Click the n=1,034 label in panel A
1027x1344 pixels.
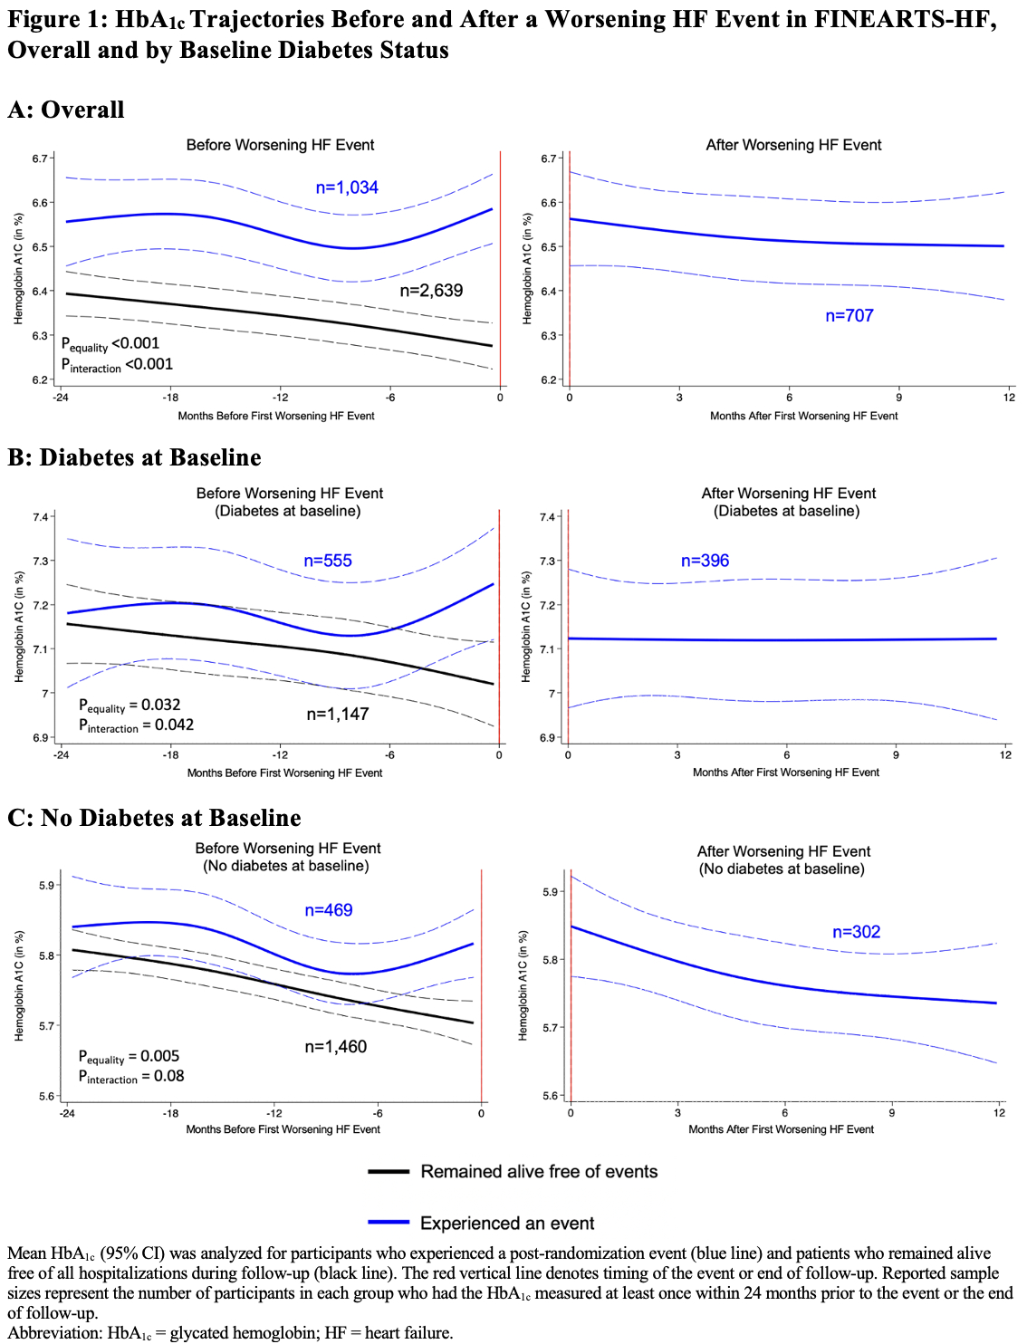click(347, 187)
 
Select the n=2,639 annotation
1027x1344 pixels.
click(431, 291)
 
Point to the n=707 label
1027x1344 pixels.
click(849, 315)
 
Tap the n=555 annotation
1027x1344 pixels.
click(328, 561)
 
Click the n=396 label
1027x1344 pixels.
click(705, 561)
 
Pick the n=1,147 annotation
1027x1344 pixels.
click(337, 714)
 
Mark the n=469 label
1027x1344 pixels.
click(329, 910)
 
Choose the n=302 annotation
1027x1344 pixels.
click(856, 932)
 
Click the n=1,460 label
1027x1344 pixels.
click(336, 1047)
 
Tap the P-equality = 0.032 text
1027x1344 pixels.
click(130, 706)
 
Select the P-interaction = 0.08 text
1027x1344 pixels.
click(131, 1077)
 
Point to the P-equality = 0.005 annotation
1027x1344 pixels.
click(129, 1057)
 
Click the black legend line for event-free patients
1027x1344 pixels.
click(389, 1172)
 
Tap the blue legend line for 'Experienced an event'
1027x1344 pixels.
click(389, 1223)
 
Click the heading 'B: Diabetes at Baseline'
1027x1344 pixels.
click(134, 457)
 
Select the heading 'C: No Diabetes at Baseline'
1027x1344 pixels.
click(154, 818)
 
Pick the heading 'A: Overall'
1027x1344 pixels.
click(66, 110)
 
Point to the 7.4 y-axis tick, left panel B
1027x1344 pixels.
click(41, 517)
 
